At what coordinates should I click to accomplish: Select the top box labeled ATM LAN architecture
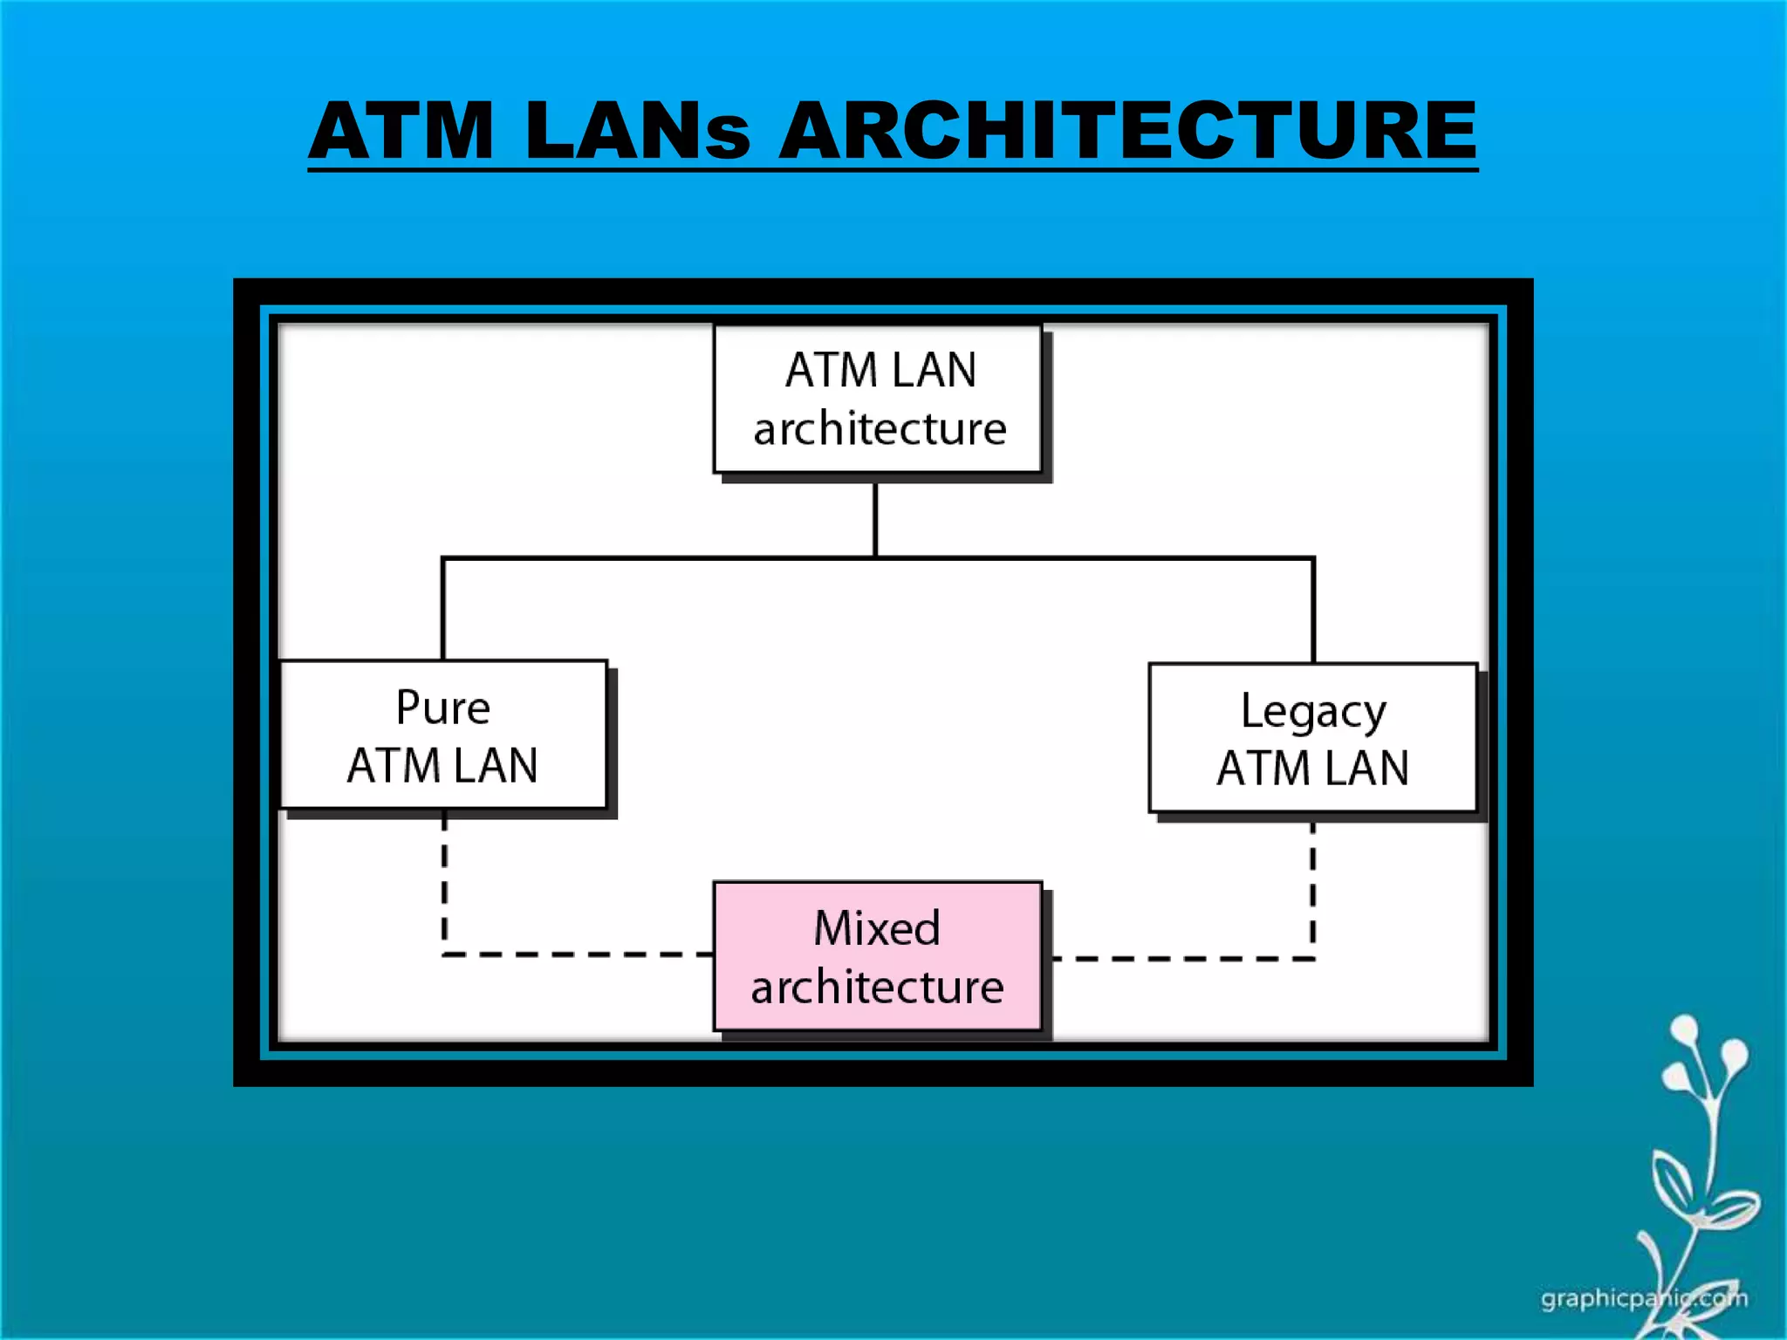pyautogui.click(x=878, y=400)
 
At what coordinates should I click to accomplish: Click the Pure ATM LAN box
pyautogui.click(x=443, y=735)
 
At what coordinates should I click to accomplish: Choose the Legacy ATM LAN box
pyautogui.click(x=1312, y=738)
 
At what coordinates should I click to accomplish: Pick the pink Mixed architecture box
pyautogui.click(x=878, y=956)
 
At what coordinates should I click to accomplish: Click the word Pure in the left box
pyautogui.click(x=443, y=707)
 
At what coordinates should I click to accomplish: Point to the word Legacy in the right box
pyautogui.click(x=1312, y=712)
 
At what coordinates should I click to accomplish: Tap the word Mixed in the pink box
pyautogui.click(x=877, y=927)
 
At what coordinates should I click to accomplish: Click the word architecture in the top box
pyautogui.click(x=880, y=429)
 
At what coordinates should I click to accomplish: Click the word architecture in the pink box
pyautogui.click(x=877, y=987)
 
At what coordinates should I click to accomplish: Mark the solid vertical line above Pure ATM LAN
pyautogui.click(x=443, y=609)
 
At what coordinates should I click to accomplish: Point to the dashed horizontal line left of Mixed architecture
pyautogui.click(x=576, y=954)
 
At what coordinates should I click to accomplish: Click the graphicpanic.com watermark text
pyautogui.click(x=1644, y=1298)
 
